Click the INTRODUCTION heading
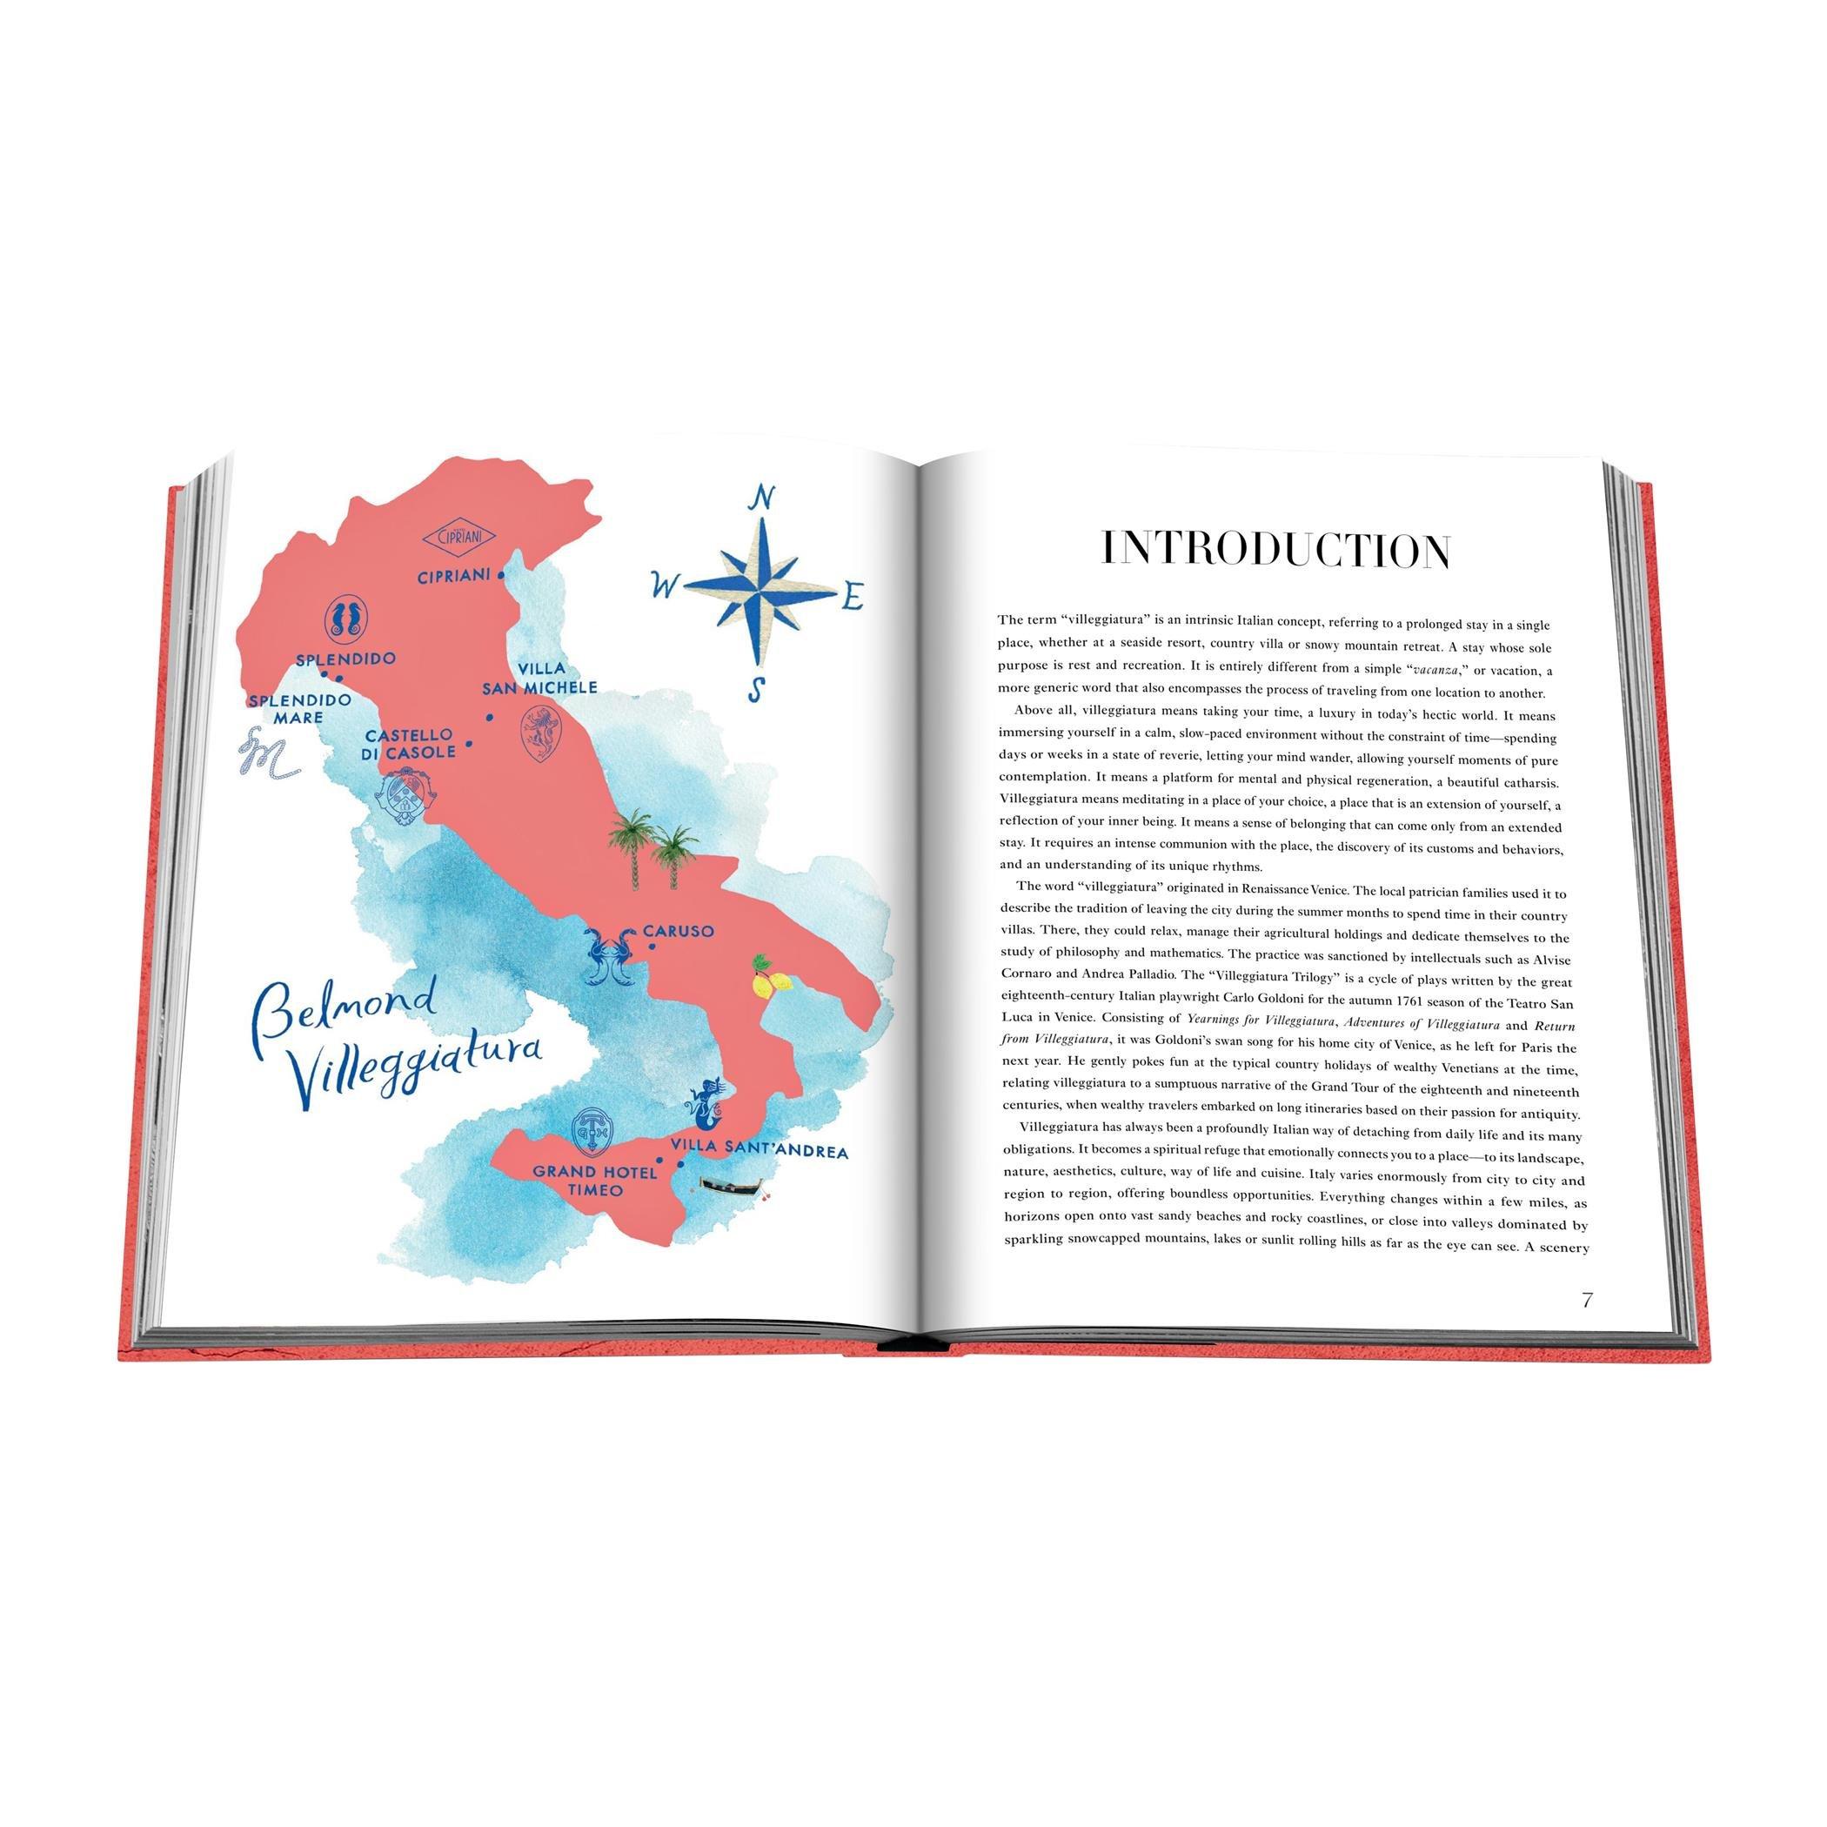[x=1276, y=551]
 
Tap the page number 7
[x=1586, y=1301]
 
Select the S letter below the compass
[x=754, y=689]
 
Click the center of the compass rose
[x=760, y=591]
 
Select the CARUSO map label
[x=679, y=932]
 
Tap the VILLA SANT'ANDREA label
[x=759, y=1152]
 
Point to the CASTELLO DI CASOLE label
[x=410, y=743]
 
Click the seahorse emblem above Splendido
[x=347, y=618]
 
